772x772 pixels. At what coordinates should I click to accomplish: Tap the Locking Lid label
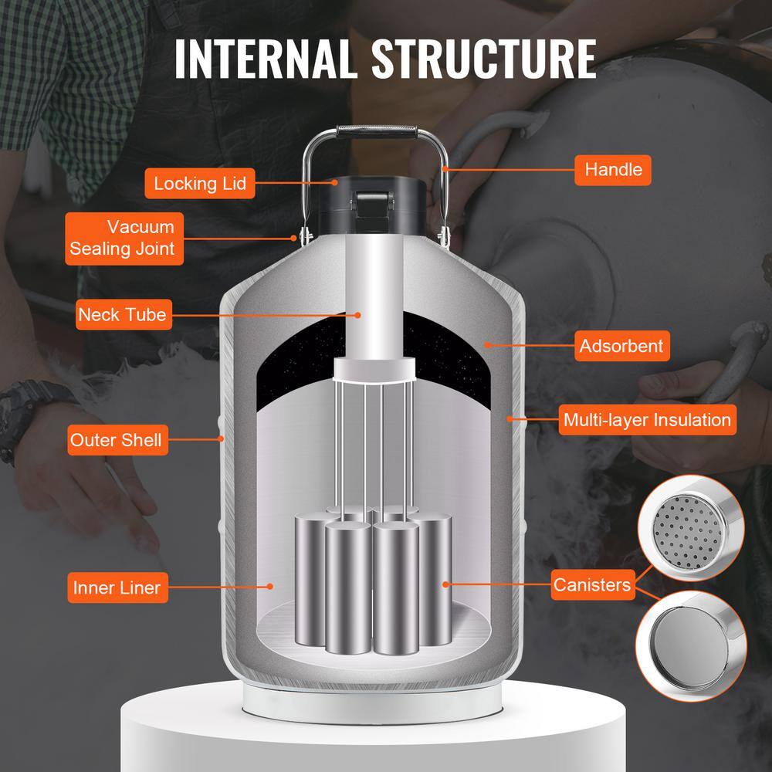pos(199,183)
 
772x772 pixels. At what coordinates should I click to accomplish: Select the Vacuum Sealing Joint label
pos(124,239)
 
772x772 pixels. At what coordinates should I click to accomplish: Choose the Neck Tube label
pos(122,315)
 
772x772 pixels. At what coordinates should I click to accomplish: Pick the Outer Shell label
pos(116,441)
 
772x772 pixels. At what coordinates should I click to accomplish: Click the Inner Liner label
pos(117,587)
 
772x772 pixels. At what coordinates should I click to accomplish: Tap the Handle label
pos(613,169)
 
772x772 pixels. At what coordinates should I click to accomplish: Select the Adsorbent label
pos(621,346)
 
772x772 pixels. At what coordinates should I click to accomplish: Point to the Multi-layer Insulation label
pos(646,420)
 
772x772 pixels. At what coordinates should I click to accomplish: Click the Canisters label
pos(591,585)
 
